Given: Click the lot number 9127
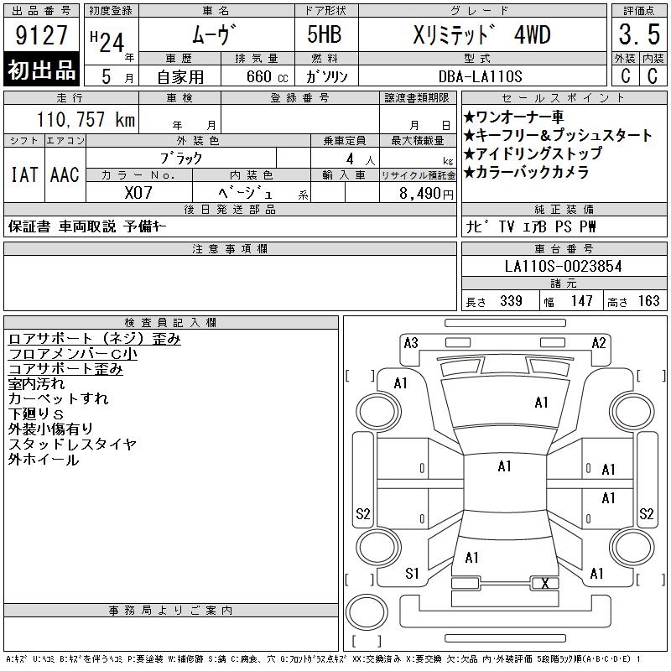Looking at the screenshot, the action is click(x=41, y=35).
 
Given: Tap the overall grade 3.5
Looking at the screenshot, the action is click(x=639, y=34).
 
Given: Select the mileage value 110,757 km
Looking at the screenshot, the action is click(x=86, y=119).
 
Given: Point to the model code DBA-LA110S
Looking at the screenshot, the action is click(x=480, y=76).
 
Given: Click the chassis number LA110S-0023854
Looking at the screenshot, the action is click(x=563, y=266).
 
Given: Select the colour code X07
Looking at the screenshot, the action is click(x=138, y=193).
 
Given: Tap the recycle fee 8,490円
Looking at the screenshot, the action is click(x=426, y=194).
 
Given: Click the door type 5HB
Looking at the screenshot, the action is click(x=325, y=34).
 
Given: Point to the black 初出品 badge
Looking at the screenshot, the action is click(x=41, y=70).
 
